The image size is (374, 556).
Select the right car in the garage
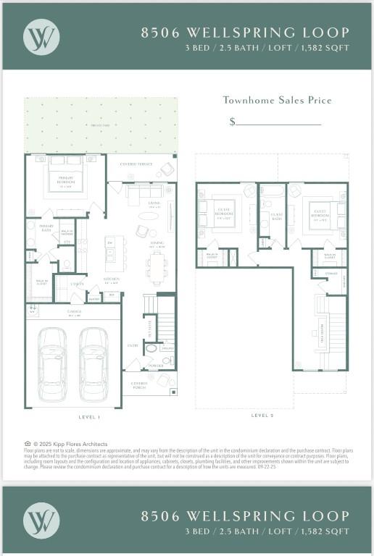pyautogui.click(x=93, y=362)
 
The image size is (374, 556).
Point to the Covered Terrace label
pyautogui.click(x=136, y=164)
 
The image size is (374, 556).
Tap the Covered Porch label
pyautogui.click(x=139, y=386)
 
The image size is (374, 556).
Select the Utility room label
pyautogui.click(x=77, y=285)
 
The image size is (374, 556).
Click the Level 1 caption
pyautogui.click(x=90, y=417)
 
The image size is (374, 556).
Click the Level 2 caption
pyautogui.click(x=262, y=416)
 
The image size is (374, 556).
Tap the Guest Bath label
pyautogui.click(x=276, y=216)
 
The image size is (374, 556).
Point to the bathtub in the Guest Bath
pyautogui.click(x=273, y=192)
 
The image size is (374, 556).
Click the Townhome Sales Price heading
pyautogui.click(x=277, y=100)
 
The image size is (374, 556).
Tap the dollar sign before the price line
pyautogui.click(x=232, y=122)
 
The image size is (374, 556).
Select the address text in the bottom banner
pyautogui.click(x=244, y=516)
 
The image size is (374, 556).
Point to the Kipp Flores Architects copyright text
pyautogui.click(x=70, y=444)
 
